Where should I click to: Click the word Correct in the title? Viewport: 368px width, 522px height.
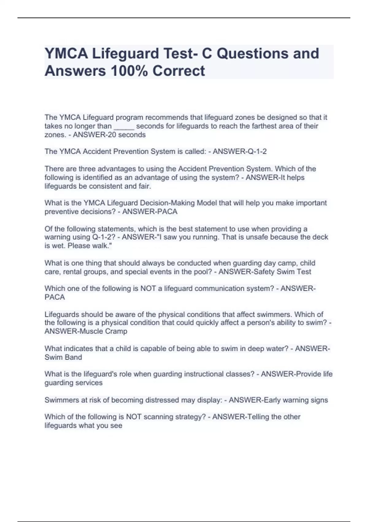pos(178,71)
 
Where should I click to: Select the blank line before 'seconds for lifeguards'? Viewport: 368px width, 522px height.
pos(124,126)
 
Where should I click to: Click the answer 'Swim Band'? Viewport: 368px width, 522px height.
pos(63,357)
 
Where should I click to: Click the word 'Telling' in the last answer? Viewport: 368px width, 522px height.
pos(257,417)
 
